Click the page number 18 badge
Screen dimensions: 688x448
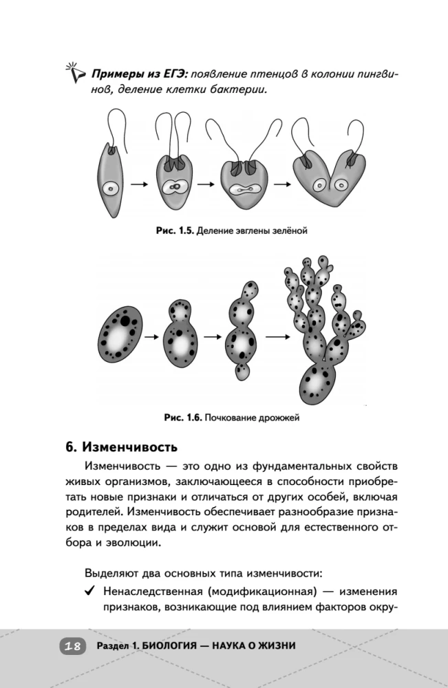pyautogui.click(x=71, y=646)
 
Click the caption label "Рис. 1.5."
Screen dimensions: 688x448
pyautogui.click(x=174, y=231)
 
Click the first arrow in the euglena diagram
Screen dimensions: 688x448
pyautogui.click(x=140, y=184)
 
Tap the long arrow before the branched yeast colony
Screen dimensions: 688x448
pyautogui.click(x=277, y=336)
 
